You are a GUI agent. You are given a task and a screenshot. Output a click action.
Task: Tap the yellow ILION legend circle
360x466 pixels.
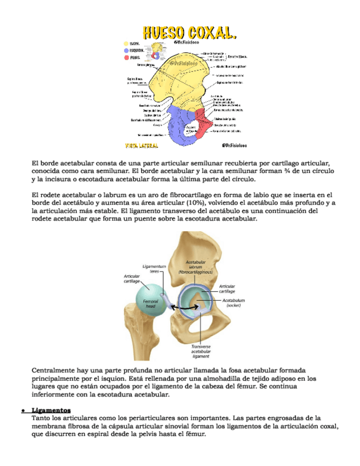[x=126, y=43]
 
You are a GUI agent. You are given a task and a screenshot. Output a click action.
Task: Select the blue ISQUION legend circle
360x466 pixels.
[x=126, y=50]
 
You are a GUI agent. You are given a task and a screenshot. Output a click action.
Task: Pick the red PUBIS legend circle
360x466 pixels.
[x=126, y=57]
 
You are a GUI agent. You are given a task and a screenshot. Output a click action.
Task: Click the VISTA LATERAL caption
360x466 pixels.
[x=142, y=146]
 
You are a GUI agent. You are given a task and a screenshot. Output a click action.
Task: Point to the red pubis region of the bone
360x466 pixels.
[x=203, y=124]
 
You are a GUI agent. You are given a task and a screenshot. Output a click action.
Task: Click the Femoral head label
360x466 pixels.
[x=150, y=304]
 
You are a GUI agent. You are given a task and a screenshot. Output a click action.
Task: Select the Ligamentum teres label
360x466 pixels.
[x=154, y=269]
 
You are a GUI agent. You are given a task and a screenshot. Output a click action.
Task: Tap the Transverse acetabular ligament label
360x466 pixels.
[x=200, y=351]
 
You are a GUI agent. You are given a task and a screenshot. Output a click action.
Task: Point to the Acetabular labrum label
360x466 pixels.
[x=196, y=267]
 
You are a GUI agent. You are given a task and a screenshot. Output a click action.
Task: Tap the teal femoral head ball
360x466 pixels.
[x=149, y=301]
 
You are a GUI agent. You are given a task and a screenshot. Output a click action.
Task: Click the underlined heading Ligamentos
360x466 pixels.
[x=51, y=410]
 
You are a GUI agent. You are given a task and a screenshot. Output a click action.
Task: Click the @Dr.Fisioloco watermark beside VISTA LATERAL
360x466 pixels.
[x=234, y=146]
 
